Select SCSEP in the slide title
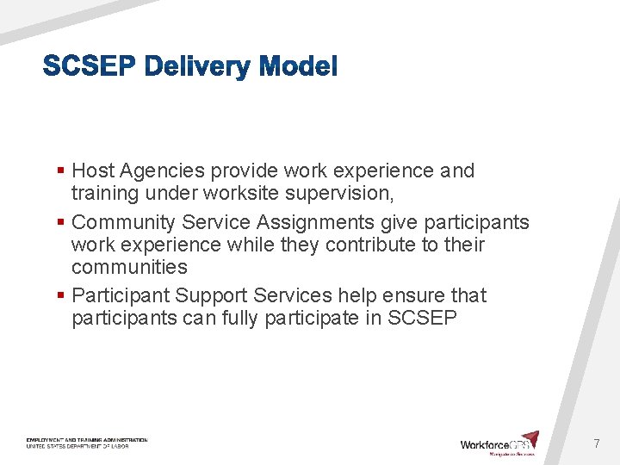(90, 66)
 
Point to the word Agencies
(163, 170)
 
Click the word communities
(129, 267)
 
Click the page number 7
(596, 443)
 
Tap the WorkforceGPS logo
(499, 443)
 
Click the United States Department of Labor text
(86, 446)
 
